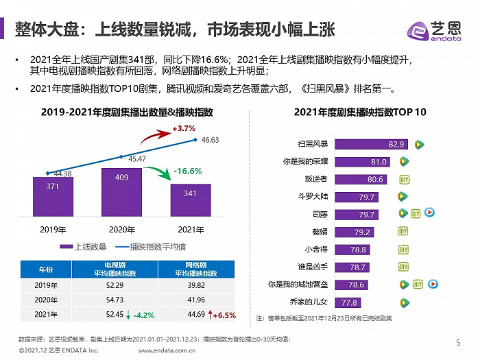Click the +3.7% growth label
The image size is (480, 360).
click(x=184, y=128)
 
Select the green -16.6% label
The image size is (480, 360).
click(x=187, y=171)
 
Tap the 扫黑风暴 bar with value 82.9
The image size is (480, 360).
click(x=371, y=144)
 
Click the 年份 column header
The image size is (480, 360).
click(x=45, y=268)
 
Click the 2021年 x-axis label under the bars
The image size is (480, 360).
click(x=190, y=229)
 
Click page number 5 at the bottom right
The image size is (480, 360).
click(x=459, y=342)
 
